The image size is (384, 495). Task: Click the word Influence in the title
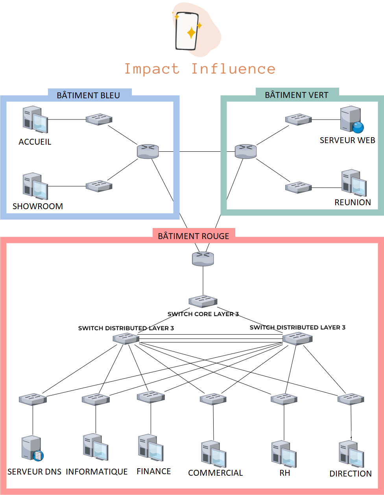[233, 69]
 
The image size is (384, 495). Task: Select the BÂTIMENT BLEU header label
[89, 95]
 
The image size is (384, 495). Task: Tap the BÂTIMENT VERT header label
[296, 95]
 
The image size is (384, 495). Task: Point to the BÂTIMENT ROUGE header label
[193, 236]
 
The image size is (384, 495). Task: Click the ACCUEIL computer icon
[35, 119]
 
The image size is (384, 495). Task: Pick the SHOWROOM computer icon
[35, 186]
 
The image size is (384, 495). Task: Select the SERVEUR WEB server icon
[351, 119]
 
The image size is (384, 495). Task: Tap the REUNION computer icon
[354, 183]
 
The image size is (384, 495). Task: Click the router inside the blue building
[148, 151]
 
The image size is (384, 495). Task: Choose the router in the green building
[246, 151]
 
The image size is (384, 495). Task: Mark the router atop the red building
[203, 259]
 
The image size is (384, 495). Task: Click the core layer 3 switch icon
[203, 302]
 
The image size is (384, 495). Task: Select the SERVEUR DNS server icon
[32, 448]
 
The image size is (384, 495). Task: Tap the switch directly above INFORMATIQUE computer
[96, 399]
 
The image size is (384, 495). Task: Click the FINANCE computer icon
[151, 448]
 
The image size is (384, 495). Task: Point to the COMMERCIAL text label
[215, 473]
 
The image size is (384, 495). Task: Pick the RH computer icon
[284, 454]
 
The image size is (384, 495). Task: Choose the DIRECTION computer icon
[351, 455]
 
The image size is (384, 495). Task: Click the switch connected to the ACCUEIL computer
[99, 119]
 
